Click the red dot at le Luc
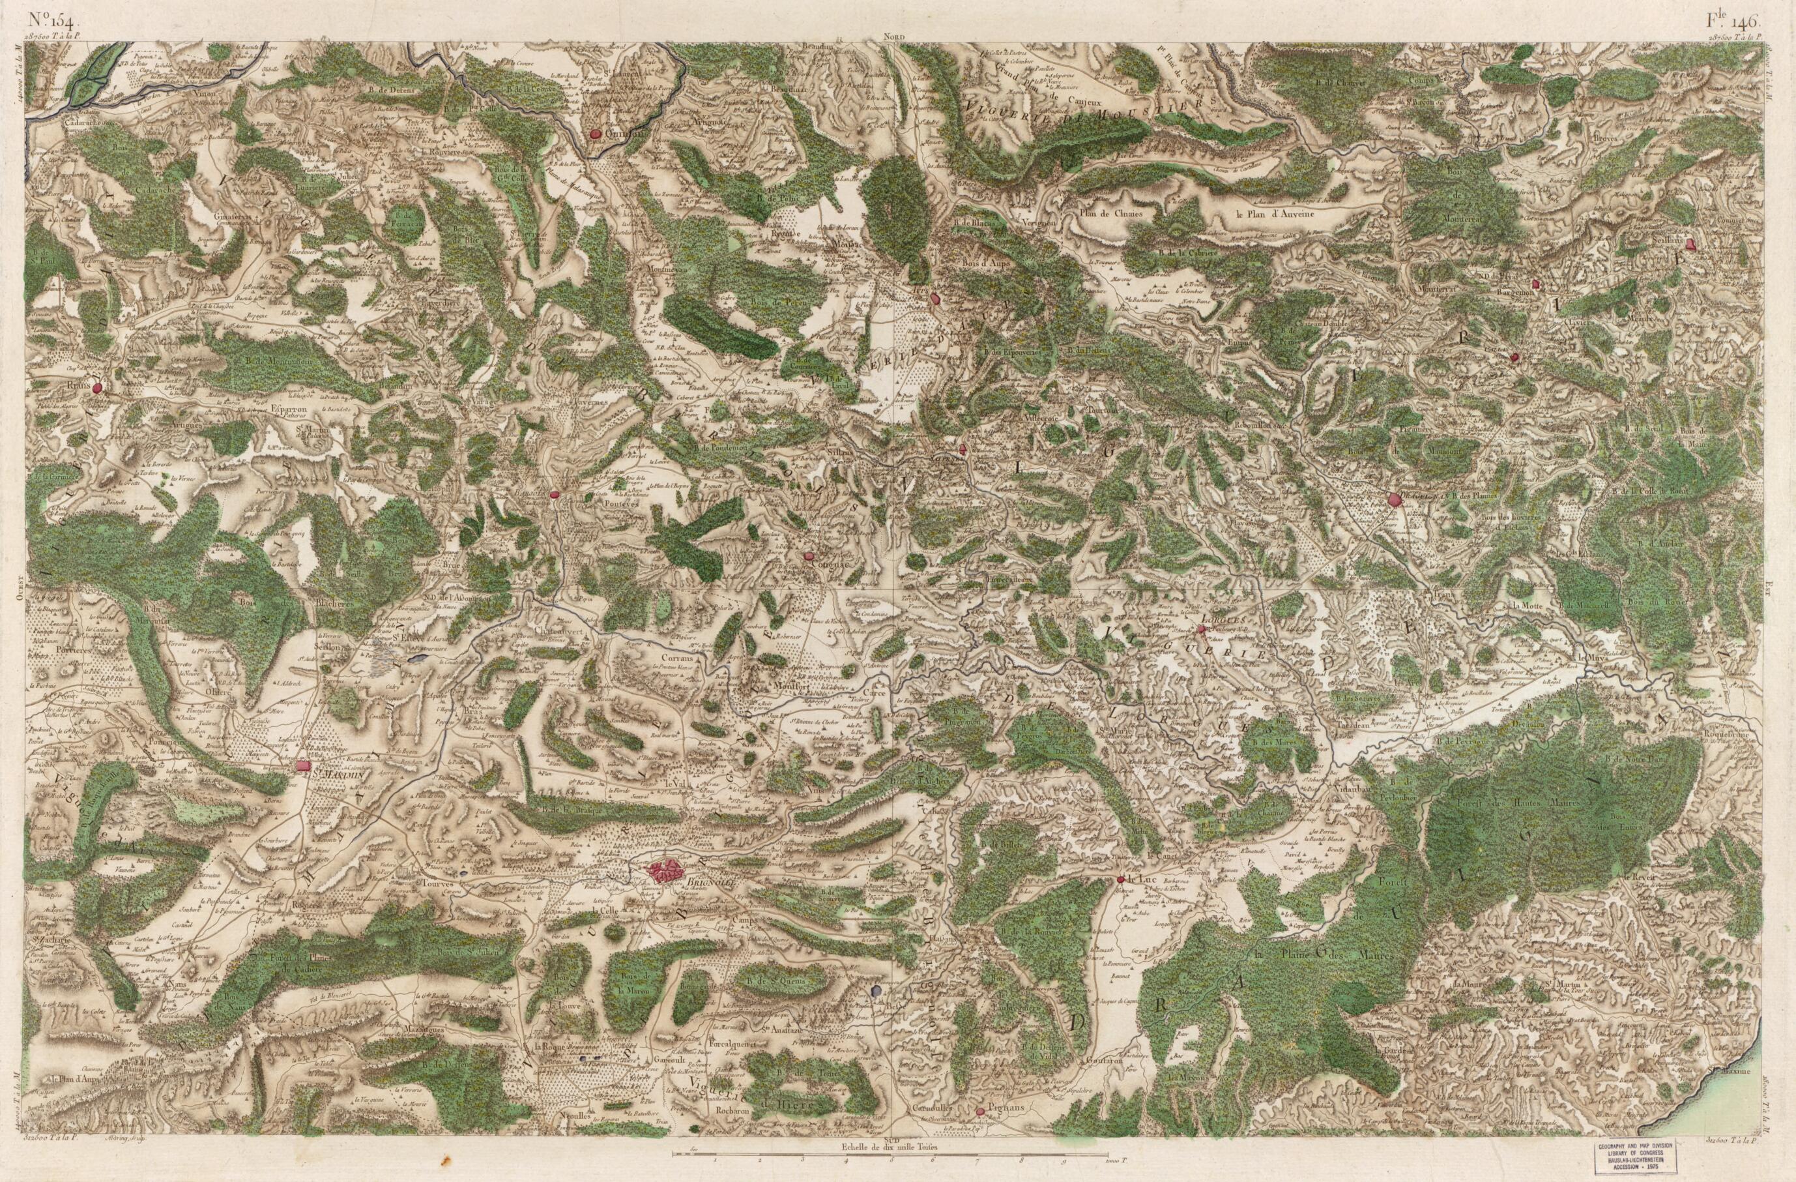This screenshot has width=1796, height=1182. (1121, 880)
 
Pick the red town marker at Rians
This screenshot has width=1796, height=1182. (96, 389)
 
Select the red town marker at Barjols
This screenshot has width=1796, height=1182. (554, 494)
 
